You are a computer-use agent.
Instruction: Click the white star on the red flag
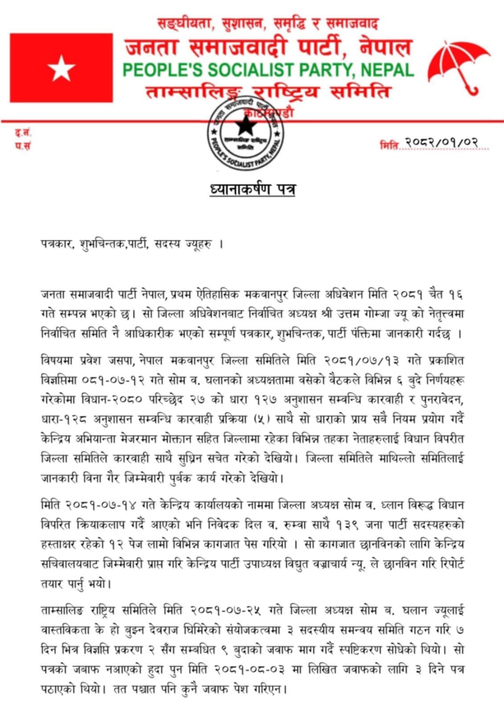coord(61,69)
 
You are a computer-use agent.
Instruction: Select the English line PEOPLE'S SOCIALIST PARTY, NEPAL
coord(268,70)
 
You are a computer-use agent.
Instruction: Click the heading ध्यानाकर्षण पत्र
coord(253,189)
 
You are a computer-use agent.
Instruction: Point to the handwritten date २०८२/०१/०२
coord(442,142)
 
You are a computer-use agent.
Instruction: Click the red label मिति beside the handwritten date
coord(389,145)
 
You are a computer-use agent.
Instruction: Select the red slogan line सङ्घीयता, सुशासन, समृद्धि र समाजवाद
coord(268,23)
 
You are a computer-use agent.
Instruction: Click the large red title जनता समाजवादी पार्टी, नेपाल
coord(268,47)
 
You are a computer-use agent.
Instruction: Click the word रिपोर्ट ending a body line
coord(447,564)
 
